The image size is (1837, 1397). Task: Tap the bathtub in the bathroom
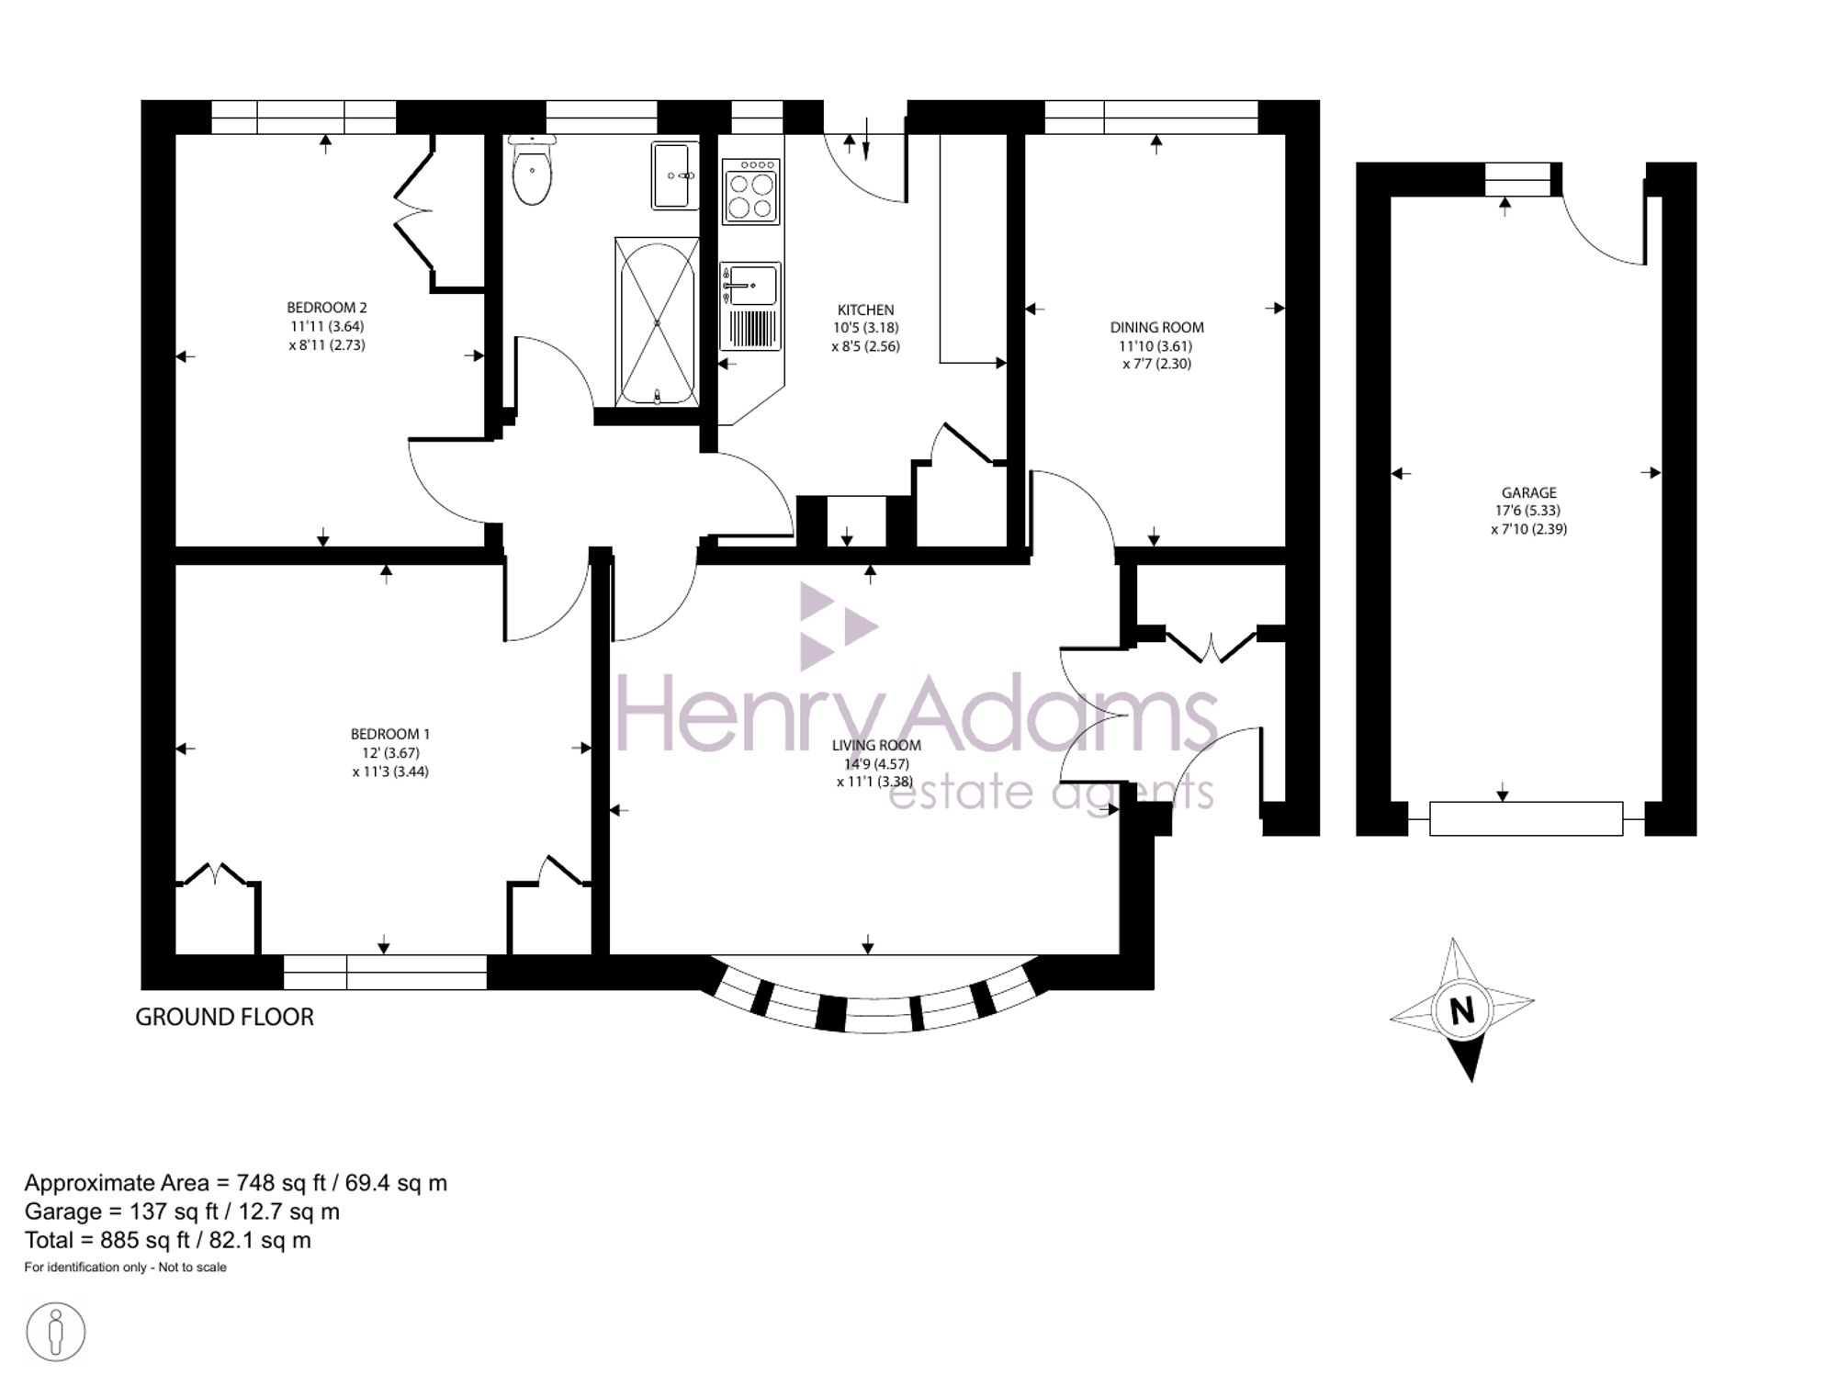[657, 321]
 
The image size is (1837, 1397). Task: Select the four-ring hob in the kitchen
[750, 192]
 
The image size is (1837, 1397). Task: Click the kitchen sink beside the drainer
[749, 284]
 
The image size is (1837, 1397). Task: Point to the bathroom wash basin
[675, 175]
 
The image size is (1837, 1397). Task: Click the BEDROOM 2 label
[327, 308]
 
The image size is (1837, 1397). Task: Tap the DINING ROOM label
[1156, 327]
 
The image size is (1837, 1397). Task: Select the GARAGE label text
[1529, 492]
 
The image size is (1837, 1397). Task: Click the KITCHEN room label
[865, 310]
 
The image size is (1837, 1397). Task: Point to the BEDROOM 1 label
[390, 734]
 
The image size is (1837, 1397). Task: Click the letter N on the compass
[1462, 1010]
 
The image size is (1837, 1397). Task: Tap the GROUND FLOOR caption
[225, 1017]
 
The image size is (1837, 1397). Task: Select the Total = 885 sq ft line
[168, 1241]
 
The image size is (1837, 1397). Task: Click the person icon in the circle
[56, 1332]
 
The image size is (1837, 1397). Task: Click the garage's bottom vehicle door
[1526, 818]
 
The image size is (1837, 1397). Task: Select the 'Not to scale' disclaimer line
[126, 1267]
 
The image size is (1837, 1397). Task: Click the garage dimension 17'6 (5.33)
[1528, 511]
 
